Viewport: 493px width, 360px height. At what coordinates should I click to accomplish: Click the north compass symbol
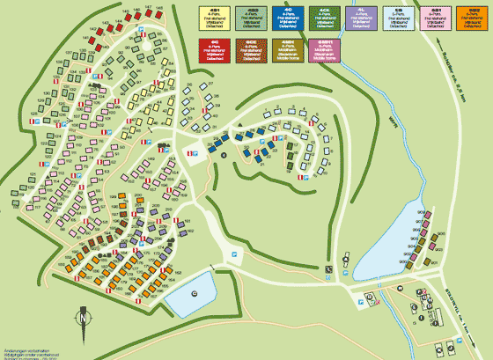[x=84, y=320]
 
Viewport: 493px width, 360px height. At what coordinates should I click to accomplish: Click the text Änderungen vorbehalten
[x=27, y=348]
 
